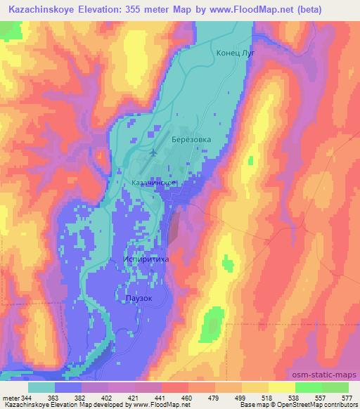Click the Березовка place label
[191, 140]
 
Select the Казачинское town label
[153, 182]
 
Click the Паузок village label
[139, 298]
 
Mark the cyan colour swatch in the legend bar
[41, 387]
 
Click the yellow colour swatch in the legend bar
[281, 387]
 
